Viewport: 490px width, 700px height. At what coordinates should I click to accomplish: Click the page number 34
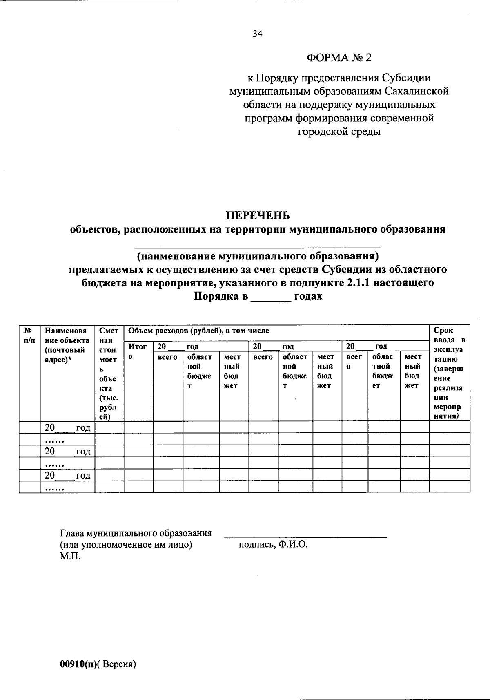tap(257, 34)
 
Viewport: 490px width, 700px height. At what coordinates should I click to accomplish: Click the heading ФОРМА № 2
tap(339, 58)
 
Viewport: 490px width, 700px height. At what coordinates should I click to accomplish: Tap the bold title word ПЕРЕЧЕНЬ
tap(258, 215)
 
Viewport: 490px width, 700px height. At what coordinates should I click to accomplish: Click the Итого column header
tap(138, 351)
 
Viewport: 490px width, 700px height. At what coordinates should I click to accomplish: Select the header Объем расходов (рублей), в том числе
tap(198, 331)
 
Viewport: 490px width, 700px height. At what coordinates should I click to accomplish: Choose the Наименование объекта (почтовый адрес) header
tap(67, 345)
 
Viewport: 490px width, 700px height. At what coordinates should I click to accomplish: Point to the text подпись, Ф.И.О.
tap(273, 545)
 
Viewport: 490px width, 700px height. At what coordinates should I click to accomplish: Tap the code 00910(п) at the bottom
tap(78, 664)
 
